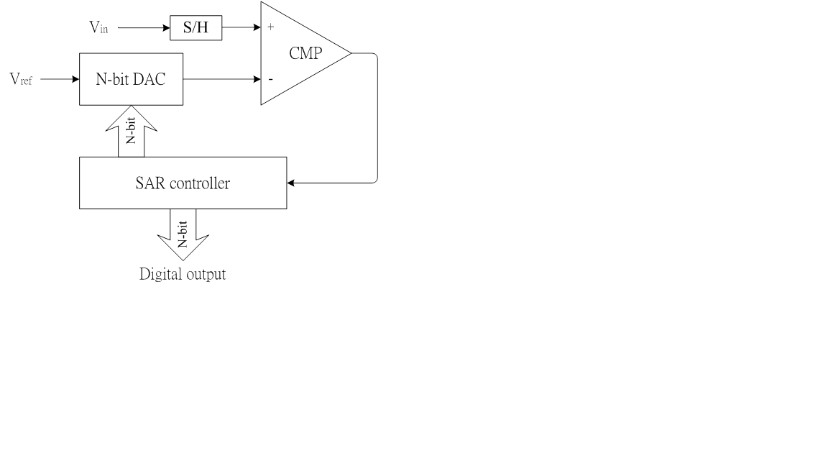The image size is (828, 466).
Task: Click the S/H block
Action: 195,29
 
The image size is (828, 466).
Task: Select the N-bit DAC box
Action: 131,78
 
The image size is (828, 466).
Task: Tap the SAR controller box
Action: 183,183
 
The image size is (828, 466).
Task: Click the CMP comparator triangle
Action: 302,54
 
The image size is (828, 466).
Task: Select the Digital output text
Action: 183,274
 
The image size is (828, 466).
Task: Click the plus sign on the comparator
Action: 271,28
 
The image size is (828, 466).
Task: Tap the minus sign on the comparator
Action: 270,78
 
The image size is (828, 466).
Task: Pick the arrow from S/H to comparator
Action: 241,29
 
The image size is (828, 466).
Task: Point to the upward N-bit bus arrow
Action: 131,131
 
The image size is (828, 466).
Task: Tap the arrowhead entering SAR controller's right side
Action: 291,183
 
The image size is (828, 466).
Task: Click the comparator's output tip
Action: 350,53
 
